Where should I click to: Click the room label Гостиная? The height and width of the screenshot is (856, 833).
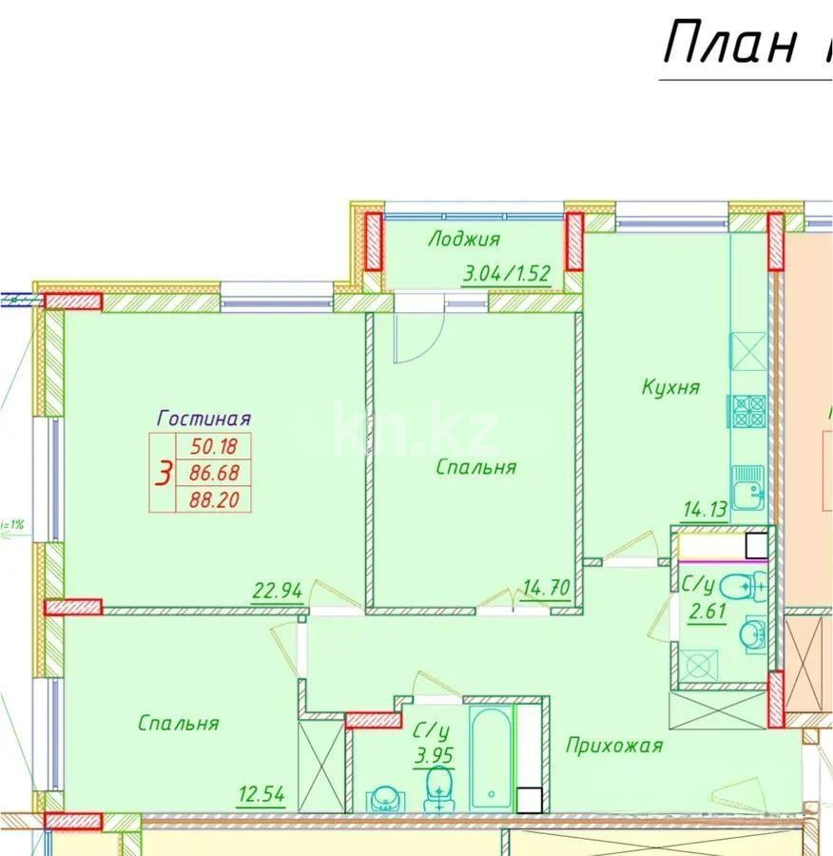coord(203,418)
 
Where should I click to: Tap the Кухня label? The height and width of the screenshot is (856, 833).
coord(670,387)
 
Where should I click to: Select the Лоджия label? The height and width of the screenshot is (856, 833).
coord(463,239)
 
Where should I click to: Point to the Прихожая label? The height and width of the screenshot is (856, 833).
coord(613,746)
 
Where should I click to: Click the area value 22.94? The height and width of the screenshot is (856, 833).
coord(278,590)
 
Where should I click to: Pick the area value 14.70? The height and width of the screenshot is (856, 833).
coord(546,588)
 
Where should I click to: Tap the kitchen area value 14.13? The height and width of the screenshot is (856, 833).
coord(705,510)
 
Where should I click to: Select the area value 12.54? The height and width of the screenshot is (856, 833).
coord(261,794)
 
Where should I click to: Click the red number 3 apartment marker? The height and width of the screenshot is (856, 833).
coord(164,472)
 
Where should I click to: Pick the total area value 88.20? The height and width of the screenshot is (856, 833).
coord(214,498)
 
